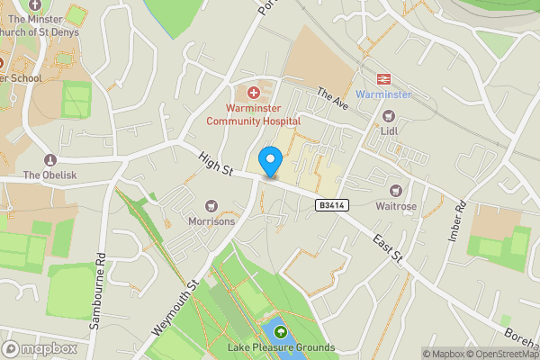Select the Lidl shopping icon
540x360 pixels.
coord(389,115)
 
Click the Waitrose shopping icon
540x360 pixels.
coord(395,190)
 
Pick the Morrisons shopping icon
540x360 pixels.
coord(212,206)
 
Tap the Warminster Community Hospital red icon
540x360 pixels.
coord(254,93)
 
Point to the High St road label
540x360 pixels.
coord(215,164)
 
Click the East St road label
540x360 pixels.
coord(390,252)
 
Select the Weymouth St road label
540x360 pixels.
coord(175,309)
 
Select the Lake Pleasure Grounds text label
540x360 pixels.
coord(280,348)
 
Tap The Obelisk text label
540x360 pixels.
coord(44,175)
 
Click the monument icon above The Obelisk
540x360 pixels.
coord(44,157)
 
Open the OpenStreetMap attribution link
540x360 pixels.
coord(500,354)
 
